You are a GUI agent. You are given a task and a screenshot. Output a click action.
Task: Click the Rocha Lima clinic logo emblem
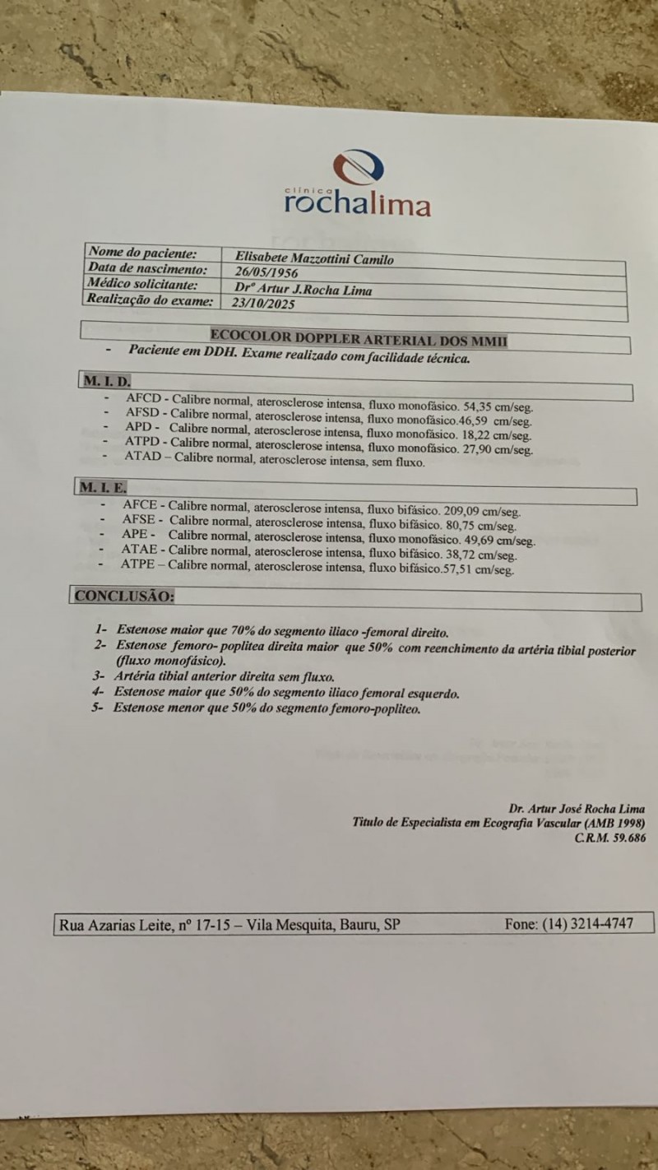click(359, 168)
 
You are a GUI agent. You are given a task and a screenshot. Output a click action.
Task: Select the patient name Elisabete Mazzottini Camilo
click(313, 259)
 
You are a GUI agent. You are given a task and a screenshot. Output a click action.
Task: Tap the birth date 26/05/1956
click(266, 273)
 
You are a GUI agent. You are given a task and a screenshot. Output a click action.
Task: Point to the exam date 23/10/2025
click(265, 303)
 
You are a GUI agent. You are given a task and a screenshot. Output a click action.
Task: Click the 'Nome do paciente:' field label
click(142, 253)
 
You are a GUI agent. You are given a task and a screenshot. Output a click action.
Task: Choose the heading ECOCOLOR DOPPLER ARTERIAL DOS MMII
click(358, 336)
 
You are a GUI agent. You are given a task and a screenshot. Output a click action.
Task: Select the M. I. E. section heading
click(104, 487)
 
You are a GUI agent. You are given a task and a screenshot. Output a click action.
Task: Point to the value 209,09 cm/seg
click(484, 511)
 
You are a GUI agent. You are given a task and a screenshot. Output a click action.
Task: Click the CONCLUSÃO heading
click(124, 596)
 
